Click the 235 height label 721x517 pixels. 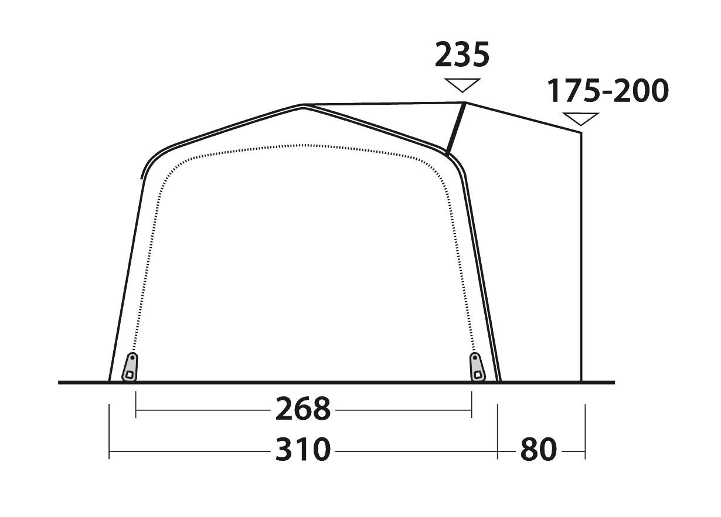(462, 54)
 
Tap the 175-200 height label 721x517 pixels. (608, 91)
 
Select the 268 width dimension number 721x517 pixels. (303, 408)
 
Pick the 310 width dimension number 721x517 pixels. (303, 449)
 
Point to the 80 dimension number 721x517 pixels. (539, 449)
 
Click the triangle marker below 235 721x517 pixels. (462, 85)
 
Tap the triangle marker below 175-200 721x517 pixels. (580, 119)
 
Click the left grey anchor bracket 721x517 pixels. (130, 367)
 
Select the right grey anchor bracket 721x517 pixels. (477, 367)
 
